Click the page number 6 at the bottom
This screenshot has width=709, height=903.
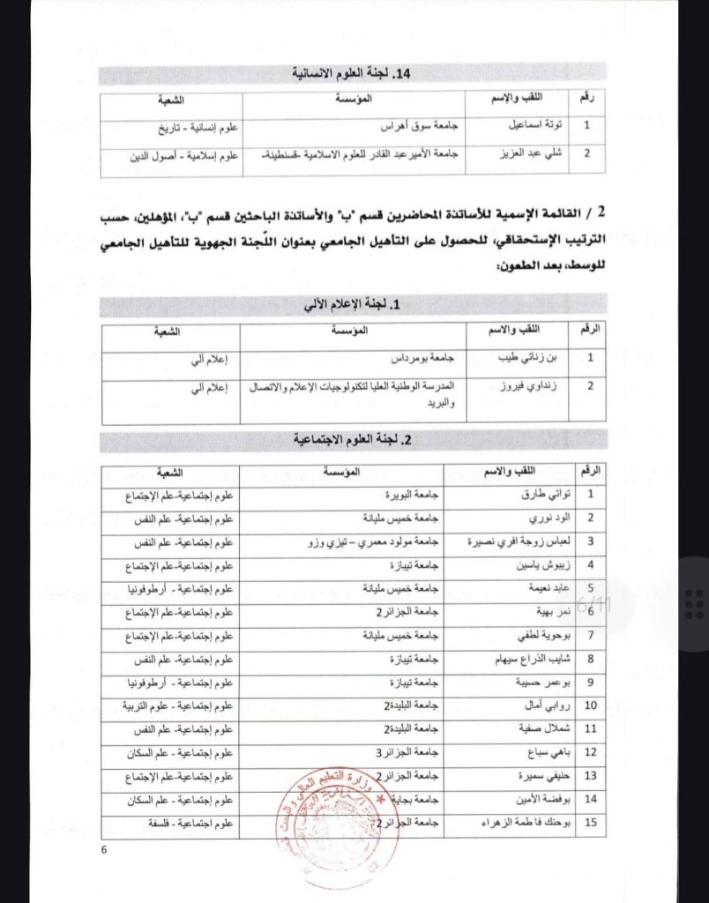(x=104, y=850)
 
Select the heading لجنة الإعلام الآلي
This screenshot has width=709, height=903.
(x=352, y=305)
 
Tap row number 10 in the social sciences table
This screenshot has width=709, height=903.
(x=591, y=705)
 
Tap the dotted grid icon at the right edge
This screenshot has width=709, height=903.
(x=694, y=605)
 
